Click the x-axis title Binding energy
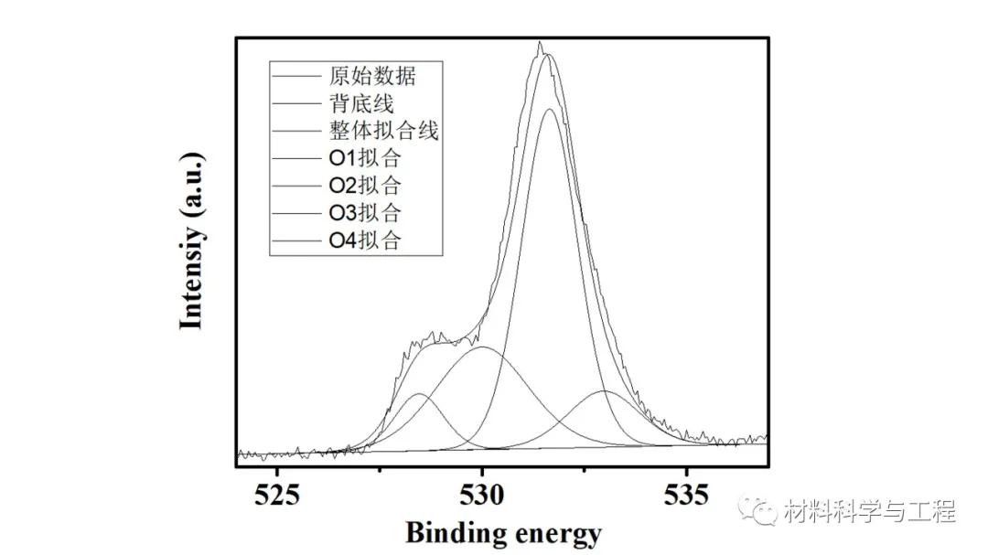click(503, 532)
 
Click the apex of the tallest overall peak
click(541, 43)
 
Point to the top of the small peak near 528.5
click(419, 394)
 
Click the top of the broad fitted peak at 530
click(483, 347)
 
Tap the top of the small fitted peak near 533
click(604, 391)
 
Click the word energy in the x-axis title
click(558, 534)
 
